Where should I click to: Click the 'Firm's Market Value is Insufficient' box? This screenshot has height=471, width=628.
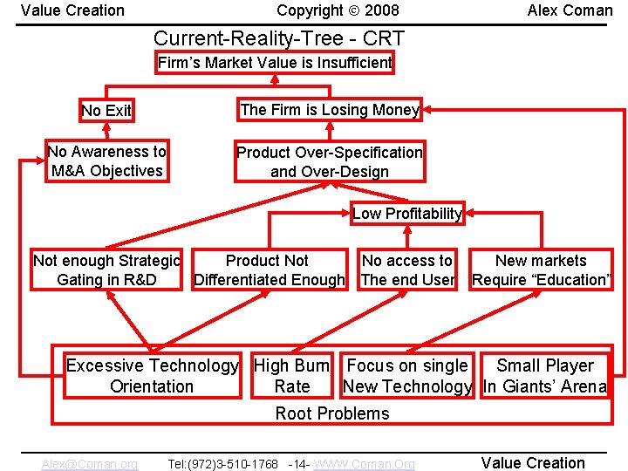coord(275,63)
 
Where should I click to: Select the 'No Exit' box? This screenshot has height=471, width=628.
coord(106,111)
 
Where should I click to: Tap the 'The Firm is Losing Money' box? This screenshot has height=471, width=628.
coord(329,110)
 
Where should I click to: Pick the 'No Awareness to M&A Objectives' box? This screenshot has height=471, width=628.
coord(106,161)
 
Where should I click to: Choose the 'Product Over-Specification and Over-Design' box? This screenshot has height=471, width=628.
coord(330,162)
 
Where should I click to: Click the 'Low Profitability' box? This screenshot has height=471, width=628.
coord(406,214)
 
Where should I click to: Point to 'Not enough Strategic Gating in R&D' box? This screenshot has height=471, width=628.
coord(106,270)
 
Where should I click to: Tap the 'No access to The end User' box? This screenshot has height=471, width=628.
coord(407,270)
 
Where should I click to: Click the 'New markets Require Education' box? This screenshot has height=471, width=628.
coord(541,270)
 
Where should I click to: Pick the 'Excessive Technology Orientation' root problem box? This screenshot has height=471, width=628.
coord(152,376)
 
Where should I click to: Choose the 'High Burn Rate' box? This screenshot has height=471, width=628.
coord(291,376)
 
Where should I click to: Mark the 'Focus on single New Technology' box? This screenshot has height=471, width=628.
coord(407,376)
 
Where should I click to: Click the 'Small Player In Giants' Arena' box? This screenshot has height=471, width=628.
coord(544,376)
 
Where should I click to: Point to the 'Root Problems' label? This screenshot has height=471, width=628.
coord(332,413)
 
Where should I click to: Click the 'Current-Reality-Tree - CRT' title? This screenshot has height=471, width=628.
coord(279,38)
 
